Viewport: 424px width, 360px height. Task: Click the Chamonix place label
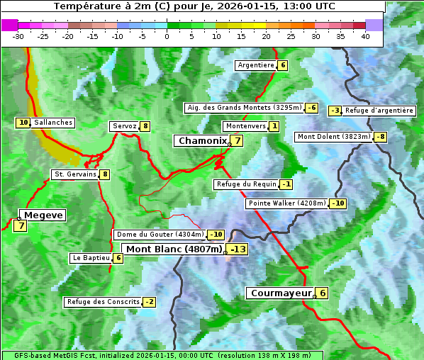click(x=202, y=141)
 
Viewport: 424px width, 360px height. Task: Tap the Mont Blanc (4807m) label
click(x=174, y=249)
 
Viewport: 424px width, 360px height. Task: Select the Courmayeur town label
click(x=281, y=293)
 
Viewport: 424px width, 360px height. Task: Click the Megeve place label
click(x=43, y=215)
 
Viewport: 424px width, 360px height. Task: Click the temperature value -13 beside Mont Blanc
click(x=238, y=249)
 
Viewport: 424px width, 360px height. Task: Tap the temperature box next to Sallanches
click(x=23, y=123)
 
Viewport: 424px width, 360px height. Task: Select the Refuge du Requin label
click(x=246, y=184)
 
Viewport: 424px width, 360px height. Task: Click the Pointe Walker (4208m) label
click(x=286, y=203)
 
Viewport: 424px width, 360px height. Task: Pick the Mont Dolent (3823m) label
click(x=334, y=137)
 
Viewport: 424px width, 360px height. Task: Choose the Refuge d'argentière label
click(x=379, y=111)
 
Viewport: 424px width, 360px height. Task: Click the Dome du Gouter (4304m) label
click(x=160, y=235)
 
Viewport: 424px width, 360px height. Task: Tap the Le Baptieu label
click(x=91, y=258)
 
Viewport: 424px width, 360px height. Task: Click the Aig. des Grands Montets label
click(x=243, y=108)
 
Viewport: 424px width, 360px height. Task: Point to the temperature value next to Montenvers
click(x=274, y=126)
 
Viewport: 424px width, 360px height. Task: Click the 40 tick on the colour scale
click(x=365, y=36)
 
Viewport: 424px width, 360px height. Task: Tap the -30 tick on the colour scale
click(x=18, y=36)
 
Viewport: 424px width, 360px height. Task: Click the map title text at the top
click(x=194, y=6)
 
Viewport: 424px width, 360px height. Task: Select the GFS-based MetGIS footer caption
click(x=162, y=355)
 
